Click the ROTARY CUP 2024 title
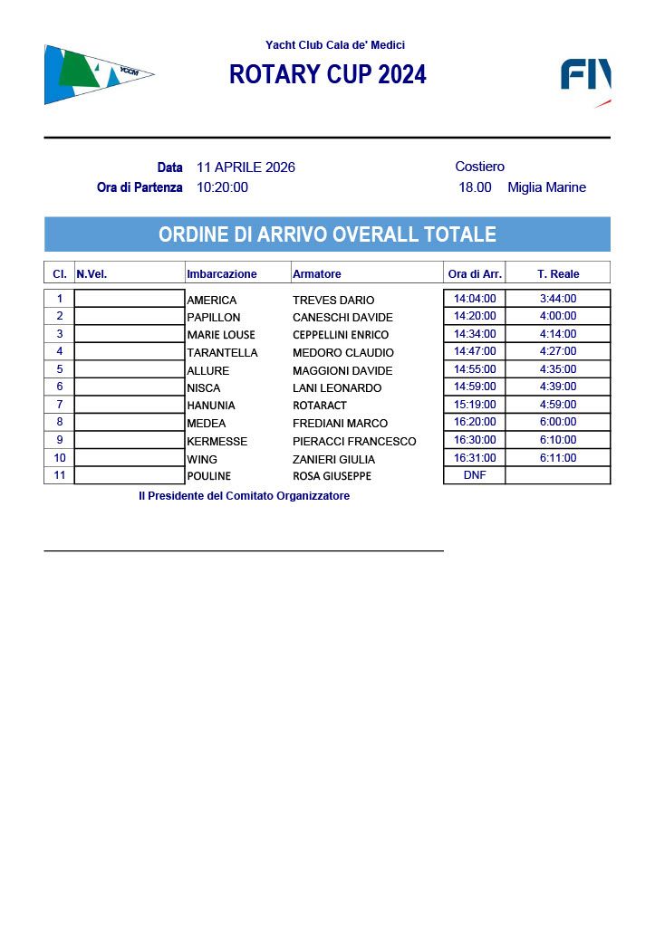(x=327, y=75)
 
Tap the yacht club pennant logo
(x=95, y=74)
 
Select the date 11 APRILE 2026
(x=246, y=167)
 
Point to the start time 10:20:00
(x=222, y=187)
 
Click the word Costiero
(x=479, y=167)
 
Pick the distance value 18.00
(x=475, y=187)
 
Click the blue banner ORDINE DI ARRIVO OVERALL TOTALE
(x=327, y=234)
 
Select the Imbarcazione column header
(x=222, y=273)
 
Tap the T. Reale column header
(x=558, y=273)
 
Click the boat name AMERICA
(x=211, y=300)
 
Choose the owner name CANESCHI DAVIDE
(x=342, y=318)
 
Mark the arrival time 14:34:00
(x=475, y=334)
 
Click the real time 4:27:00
(x=558, y=351)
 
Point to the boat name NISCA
(x=203, y=388)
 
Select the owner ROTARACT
(x=320, y=406)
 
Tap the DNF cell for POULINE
(x=475, y=475)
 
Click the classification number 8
(x=60, y=422)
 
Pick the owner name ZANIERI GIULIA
(x=333, y=459)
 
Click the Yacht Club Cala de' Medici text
(x=335, y=45)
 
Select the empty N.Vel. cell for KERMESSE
(x=130, y=441)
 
